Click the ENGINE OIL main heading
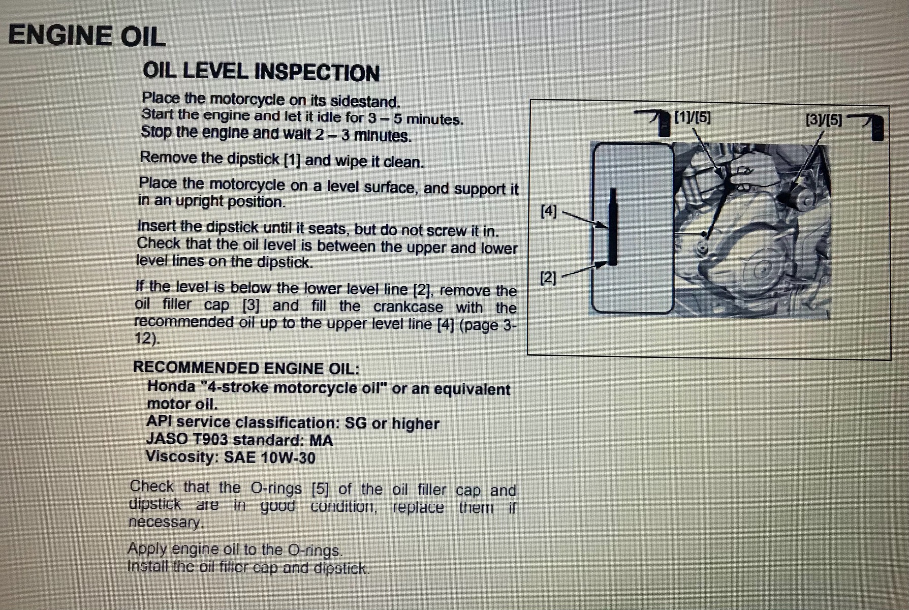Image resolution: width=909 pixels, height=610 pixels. click(x=87, y=36)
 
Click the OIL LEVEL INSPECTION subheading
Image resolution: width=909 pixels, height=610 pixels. click(x=261, y=72)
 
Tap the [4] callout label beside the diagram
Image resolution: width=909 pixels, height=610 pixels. click(x=549, y=210)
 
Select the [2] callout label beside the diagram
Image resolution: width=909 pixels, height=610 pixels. click(x=548, y=278)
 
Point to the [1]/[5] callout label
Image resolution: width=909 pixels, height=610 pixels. click(x=692, y=117)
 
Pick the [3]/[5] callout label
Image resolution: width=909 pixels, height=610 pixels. click(x=824, y=120)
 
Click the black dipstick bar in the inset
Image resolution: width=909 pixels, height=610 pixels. click(x=613, y=227)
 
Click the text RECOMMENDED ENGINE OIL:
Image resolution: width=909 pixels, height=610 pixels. click(x=246, y=368)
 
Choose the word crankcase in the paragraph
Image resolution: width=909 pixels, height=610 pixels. click(x=408, y=307)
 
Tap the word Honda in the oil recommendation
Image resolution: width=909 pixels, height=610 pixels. click(x=171, y=386)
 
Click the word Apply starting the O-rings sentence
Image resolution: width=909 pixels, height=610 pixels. click(x=147, y=549)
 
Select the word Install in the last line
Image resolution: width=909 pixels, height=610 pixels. click(x=147, y=566)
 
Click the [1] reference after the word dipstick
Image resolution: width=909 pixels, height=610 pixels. click(x=292, y=160)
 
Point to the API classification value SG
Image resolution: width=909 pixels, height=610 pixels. click(x=356, y=423)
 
